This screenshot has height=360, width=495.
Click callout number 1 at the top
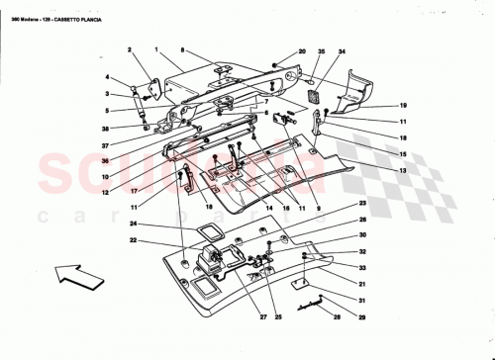pos(157,48)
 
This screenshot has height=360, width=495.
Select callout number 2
pos(129,48)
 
